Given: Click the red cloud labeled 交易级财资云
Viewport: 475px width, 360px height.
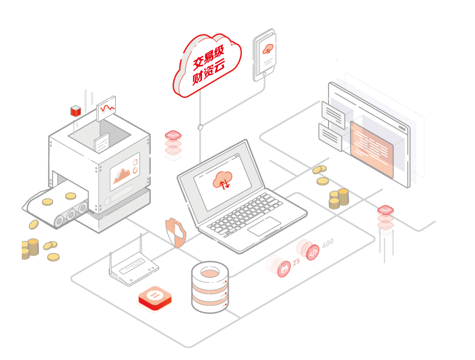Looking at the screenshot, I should tap(207, 66).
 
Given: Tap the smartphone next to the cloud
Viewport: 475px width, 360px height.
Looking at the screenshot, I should tap(264, 55).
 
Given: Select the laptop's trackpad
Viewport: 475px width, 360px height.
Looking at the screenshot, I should tap(264, 226).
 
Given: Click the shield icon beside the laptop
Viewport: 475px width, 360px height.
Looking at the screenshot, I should tap(175, 233).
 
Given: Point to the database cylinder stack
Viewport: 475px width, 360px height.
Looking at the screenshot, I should tap(210, 287).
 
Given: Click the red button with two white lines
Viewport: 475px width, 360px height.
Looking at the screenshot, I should tap(155, 298).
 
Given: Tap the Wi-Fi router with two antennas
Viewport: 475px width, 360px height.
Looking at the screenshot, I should tap(133, 270).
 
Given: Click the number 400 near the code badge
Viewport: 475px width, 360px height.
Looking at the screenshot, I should tap(327, 243).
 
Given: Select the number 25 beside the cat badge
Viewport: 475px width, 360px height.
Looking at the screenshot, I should tap(296, 262).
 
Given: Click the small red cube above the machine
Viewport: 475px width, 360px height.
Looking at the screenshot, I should tap(75, 110).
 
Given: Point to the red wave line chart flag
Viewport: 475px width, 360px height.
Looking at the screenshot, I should tap(107, 107).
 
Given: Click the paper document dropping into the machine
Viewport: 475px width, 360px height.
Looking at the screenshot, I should tap(102, 144).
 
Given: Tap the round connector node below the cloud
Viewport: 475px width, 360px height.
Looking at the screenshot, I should tap(199, 127).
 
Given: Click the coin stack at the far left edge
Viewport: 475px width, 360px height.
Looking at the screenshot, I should tap(29, 249).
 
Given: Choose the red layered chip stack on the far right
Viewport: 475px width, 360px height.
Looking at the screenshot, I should tap(385, 220).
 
